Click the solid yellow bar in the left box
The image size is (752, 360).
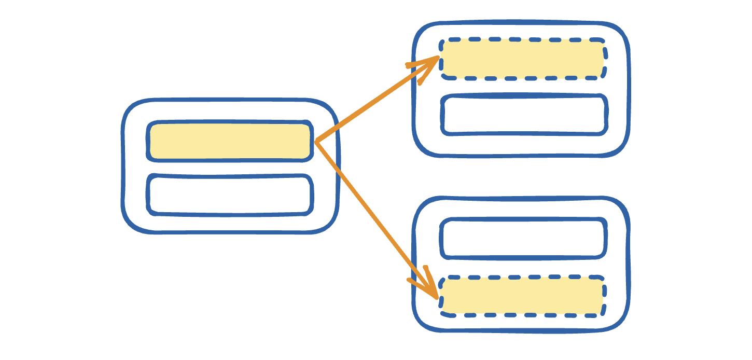click(x=230, y=141)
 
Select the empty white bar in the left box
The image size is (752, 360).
click(x=230, y=195)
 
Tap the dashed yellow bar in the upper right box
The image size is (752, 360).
click(x=523, y=59)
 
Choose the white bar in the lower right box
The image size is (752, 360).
click(x=523, y=239)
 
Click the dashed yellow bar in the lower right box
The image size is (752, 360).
click(x=522, y=296)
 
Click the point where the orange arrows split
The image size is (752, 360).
click(x=316, y=142)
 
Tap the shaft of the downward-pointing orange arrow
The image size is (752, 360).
click(x=375, y=218)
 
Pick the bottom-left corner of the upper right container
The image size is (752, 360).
click(x=422, y=147)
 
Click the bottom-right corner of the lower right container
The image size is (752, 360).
click(x=620, y=322)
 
